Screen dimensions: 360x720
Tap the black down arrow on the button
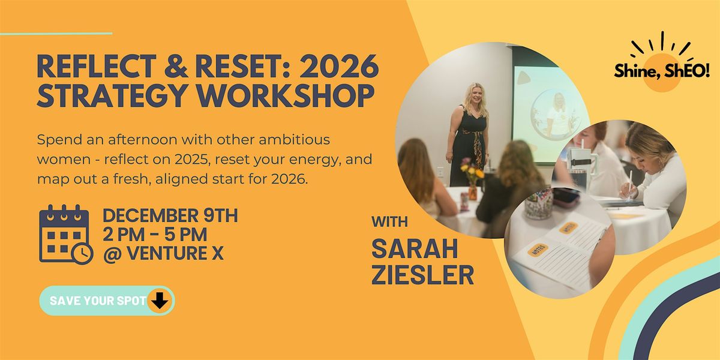(159, 301)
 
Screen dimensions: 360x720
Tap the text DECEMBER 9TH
(170, 215)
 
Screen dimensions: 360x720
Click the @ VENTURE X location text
(163, 253)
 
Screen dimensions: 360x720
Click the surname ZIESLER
(422, 275)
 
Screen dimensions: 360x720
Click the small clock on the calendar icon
(82, 253)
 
